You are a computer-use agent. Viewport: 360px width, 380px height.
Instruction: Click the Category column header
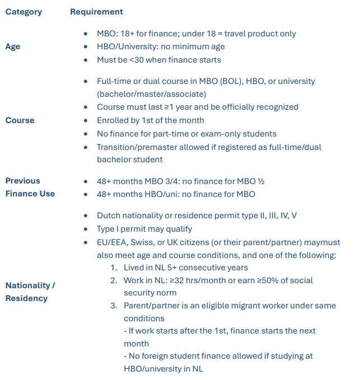click(x=24, y=12)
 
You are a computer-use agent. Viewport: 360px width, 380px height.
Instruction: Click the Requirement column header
click(x=96, y=12)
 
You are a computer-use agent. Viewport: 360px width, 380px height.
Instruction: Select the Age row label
click(x=13, y=46)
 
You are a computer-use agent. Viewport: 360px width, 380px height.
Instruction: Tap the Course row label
click(x=20, y=120)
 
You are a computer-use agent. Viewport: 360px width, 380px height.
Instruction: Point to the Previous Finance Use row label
click(x=30, y=187)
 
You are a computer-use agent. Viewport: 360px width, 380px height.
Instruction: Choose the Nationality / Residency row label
click(x=30, y=292)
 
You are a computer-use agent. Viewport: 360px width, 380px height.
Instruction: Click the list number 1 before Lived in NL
click(x=114, y=268)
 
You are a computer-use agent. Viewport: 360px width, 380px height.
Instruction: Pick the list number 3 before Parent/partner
click(x=114, y=306)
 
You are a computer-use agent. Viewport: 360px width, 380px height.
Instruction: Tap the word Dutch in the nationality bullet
click(x=109, y=215)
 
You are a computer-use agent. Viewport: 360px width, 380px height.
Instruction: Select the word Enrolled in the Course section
click(x=114, y=120)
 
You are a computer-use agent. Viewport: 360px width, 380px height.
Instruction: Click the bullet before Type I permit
click(x=85, y=229)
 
